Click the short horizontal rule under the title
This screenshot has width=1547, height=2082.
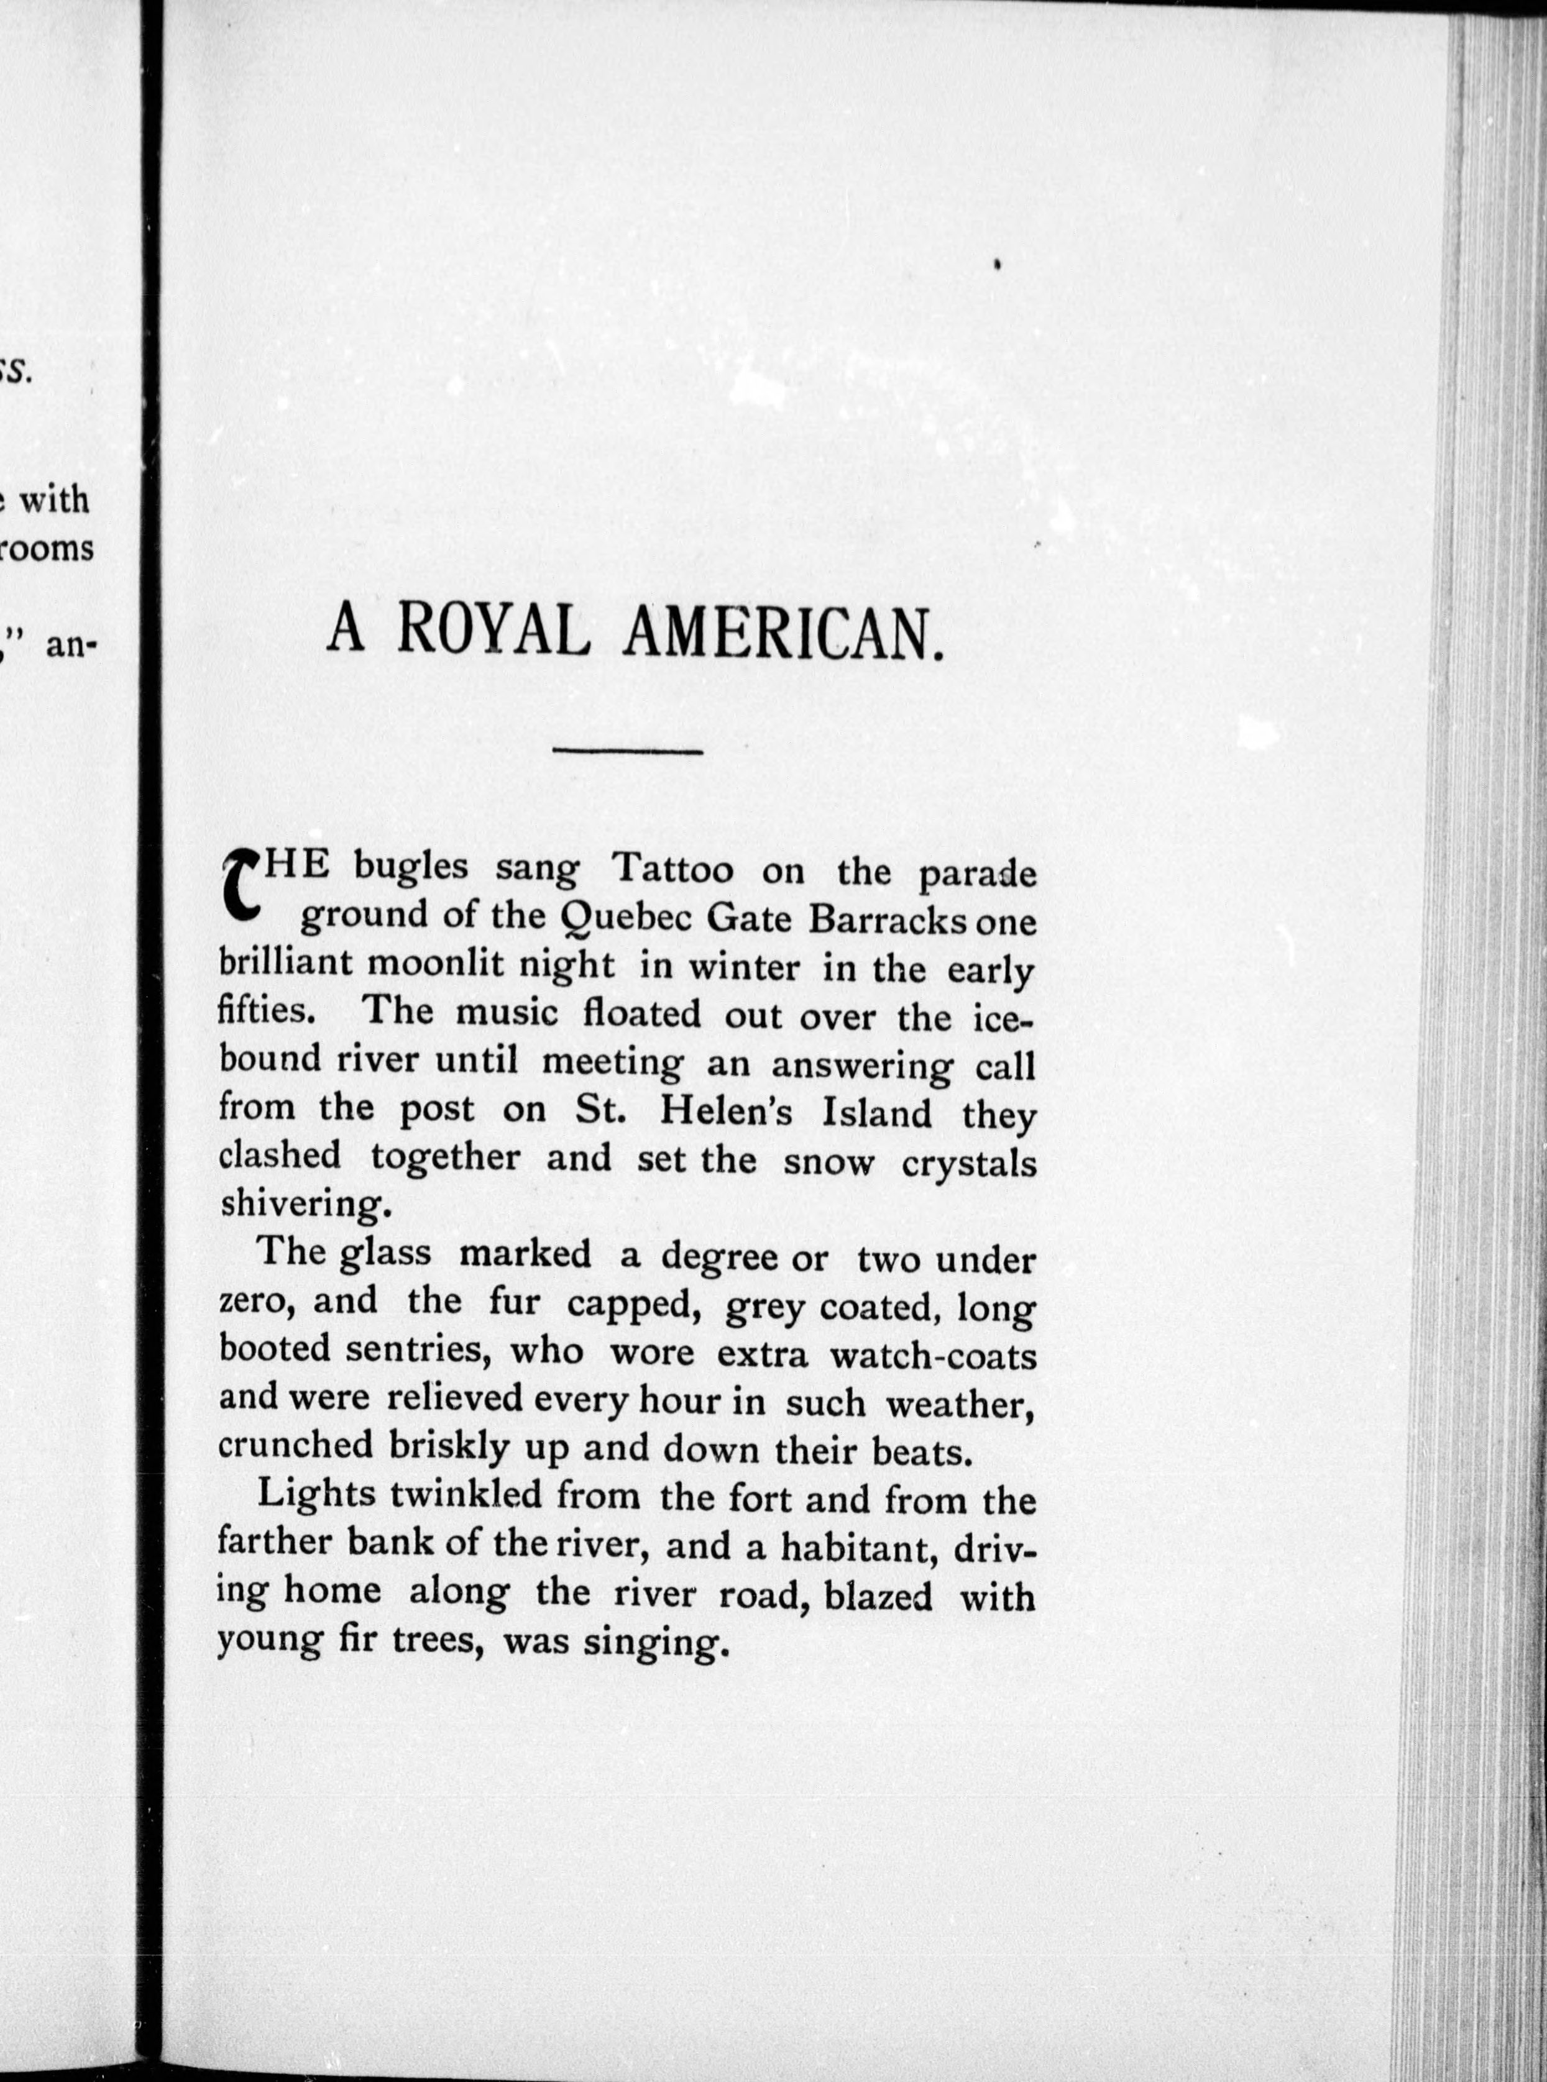[x=627, y=751]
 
